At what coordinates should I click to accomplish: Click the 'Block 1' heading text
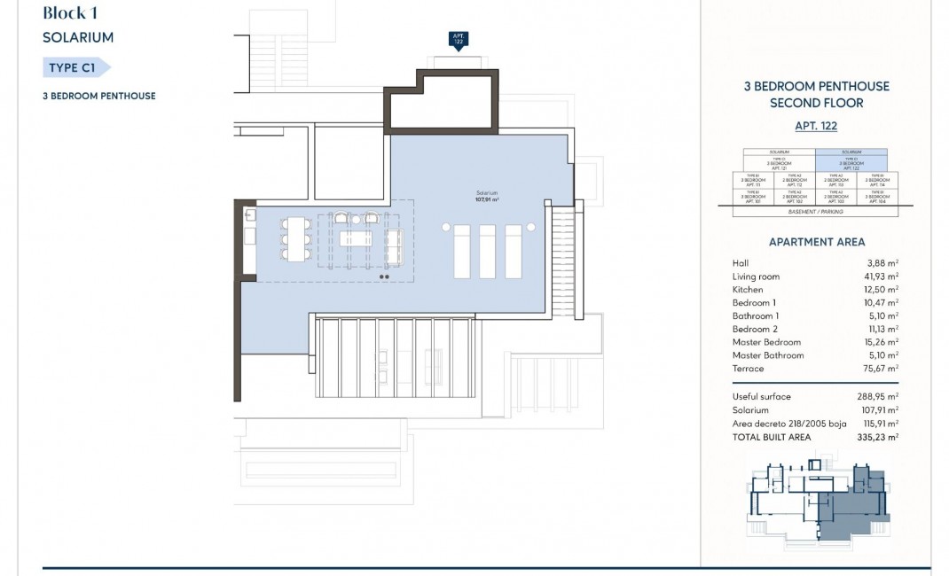tap(78, 12)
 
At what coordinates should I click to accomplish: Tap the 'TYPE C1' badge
tap(75, 67)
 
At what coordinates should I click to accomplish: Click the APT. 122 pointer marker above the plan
tap(459, 40)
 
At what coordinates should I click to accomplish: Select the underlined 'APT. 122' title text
tap(816, 127)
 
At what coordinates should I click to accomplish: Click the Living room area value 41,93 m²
tap(883, 276)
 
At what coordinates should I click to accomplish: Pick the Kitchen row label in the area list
tap(747, 290)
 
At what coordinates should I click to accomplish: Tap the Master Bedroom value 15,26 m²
tap(883, 342)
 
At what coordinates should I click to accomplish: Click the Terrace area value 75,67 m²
tap(883, 369)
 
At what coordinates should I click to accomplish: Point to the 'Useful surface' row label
tap(761, 397)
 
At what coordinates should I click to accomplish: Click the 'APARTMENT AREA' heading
tap(816, 242)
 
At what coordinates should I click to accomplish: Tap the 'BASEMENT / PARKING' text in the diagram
tap(816, 212)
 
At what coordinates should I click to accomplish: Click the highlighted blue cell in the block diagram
tap(851, 162)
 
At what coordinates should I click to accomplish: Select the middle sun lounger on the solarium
tap(487, 253)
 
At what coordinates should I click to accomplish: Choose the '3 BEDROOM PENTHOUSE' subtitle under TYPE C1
tap(98, 97)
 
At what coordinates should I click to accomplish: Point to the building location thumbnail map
tap(816, 501)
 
